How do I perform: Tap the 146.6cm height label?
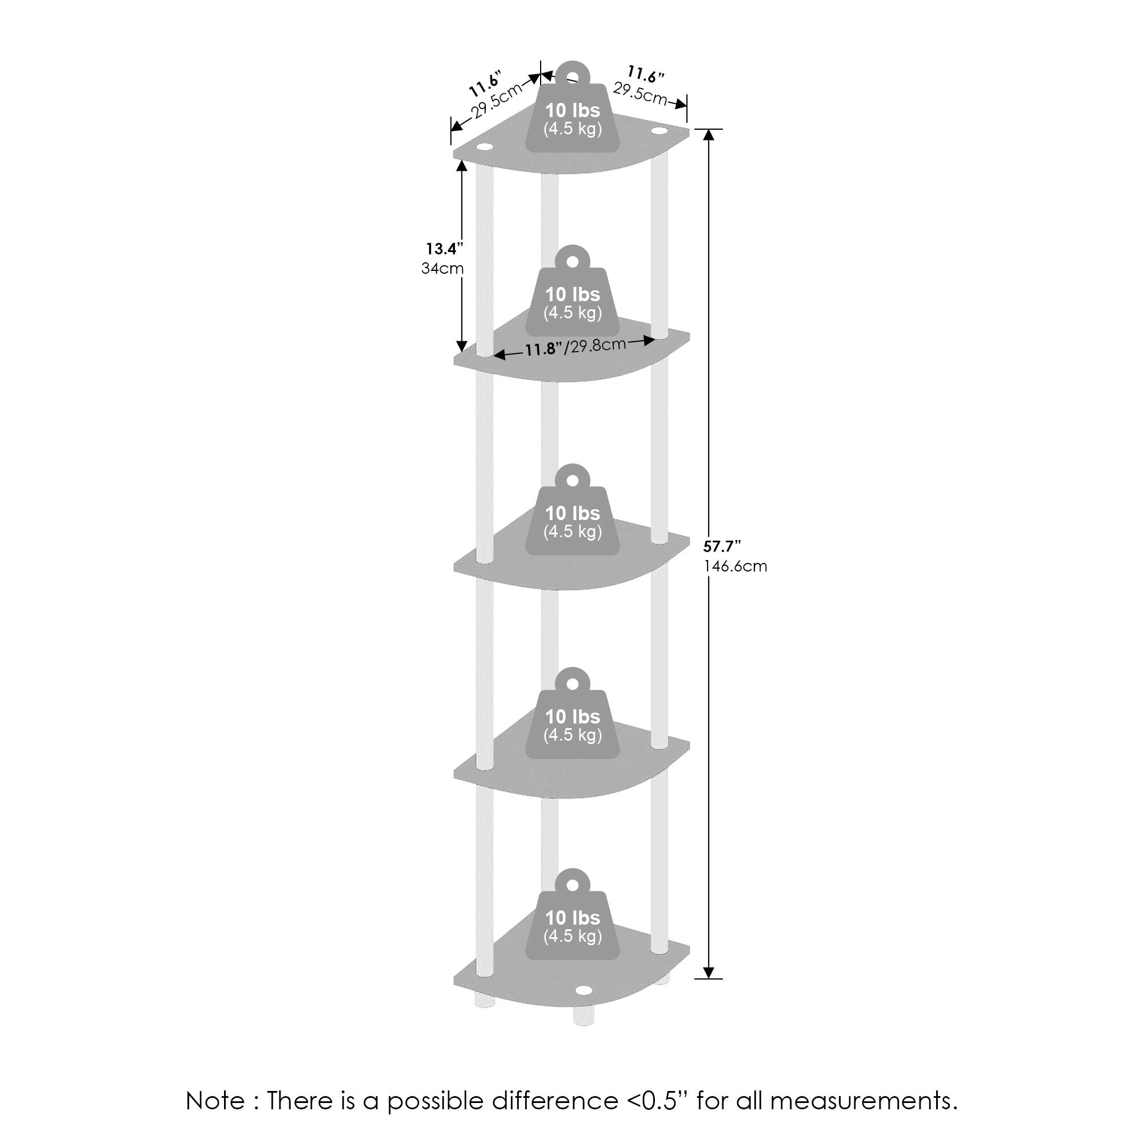(x=735, y=566)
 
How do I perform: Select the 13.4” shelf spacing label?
(x=444, y=249)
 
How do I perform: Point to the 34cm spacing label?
(x=442, y=269)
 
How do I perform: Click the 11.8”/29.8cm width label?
(x=575, y=347)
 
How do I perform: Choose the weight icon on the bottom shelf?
(x=573, y=914)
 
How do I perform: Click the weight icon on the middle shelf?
(x=573, y=510)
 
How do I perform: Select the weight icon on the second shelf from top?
(x=573, y=291)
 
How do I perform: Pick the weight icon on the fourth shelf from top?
(x=573, y=713)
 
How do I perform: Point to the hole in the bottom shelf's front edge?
(x=584, y=990)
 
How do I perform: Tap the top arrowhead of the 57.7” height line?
(x=709, y=134)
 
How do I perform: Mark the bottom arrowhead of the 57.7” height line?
(x=709, y=973)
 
